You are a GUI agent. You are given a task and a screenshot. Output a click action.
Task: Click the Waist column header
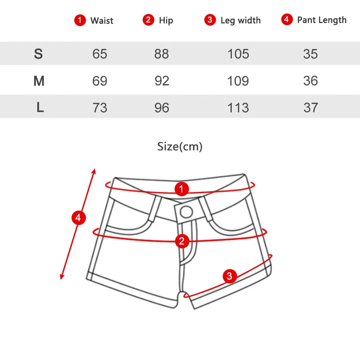[x=102, y=21]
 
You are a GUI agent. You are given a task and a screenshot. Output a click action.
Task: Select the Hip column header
[x=166, y=21]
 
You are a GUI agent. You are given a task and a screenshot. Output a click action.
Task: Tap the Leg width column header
[x=241, y=21]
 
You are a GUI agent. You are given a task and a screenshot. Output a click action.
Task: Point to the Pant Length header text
[x=322, y=20]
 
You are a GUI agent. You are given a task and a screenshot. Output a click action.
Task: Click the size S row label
[x=38, y=54]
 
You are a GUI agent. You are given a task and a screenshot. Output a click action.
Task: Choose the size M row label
[x=39, y=81]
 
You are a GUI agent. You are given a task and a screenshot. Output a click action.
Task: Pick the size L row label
[x=40, y=107]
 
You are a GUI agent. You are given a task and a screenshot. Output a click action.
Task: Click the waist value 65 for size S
[x=99, y=54]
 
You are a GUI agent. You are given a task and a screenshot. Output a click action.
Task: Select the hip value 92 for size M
[x=162, y=81]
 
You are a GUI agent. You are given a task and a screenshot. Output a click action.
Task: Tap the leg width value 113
[x=238, y=108]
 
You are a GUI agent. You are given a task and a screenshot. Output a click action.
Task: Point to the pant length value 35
[x=310, y=54]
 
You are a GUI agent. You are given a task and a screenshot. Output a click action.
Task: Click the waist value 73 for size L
[x=99, y=108]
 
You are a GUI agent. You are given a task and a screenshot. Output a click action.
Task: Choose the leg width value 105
[x=238, y=54]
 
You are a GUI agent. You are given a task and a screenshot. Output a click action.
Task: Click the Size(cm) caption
[x=180, y=147]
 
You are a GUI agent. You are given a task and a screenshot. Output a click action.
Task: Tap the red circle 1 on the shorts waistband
[x=182, y=189]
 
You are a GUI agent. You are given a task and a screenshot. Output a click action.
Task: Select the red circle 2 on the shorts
[x=182, y=241]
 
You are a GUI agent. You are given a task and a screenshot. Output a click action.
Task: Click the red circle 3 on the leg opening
[x=229, y=276]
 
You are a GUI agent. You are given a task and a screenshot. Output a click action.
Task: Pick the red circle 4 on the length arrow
[x=78, y=218]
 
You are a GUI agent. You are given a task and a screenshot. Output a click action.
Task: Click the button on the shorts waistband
[x=186, y=212]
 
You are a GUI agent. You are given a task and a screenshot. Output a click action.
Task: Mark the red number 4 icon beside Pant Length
[x=287, y=19]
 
